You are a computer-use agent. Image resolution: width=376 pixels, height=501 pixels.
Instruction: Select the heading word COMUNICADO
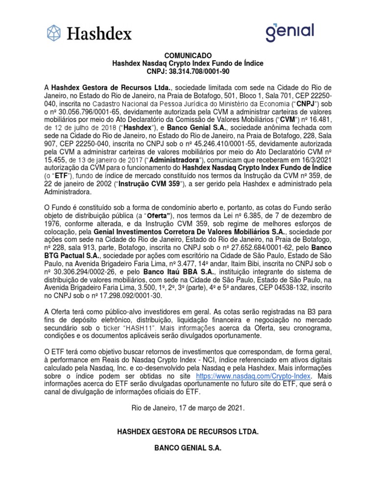point(188,56)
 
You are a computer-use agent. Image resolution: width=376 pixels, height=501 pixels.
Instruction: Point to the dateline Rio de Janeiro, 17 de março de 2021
point(188,408)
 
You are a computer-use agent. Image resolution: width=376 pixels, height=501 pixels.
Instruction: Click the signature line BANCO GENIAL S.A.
point(188,448)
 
